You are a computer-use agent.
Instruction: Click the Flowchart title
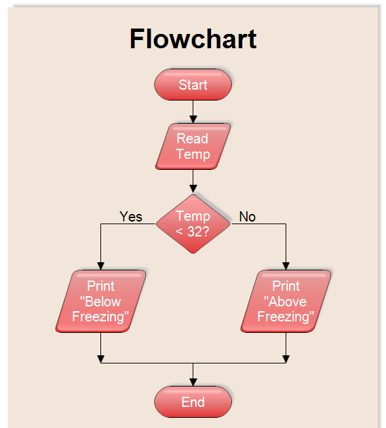click(193, 39)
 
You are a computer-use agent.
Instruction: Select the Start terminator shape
click(193, 85)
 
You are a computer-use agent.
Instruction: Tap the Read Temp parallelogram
click(193, 146)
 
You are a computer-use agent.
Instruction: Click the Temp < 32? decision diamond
click(193, 223)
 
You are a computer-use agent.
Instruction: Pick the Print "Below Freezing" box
click(100, 301)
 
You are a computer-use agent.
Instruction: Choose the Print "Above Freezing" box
click(286, 301)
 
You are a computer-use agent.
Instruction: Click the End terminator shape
click(193, 402)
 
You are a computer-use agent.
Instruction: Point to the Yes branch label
click(131, 216)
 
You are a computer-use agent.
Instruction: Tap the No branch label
click(248, 216)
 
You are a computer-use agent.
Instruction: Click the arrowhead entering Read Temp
click(193, 119)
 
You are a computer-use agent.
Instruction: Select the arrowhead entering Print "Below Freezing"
click(101, 266)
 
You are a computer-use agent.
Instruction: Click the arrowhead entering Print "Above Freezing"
click(286, 266)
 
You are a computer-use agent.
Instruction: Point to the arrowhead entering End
click(193, 382)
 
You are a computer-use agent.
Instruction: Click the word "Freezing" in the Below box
click(100, 317)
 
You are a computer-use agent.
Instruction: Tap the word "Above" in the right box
click(286, 302)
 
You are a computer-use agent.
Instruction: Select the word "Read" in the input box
click(193, 139)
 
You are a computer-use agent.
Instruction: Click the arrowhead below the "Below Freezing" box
click(101, 359)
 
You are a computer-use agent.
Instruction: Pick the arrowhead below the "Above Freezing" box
click(286, 359)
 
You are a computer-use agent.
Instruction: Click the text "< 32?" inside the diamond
click(193, 231)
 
